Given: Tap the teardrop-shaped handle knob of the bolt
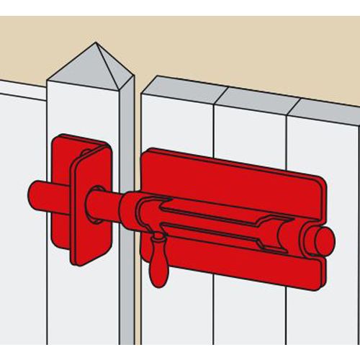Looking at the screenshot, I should (x=157, y=267).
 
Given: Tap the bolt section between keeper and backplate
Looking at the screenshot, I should (x=115, y=202).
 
